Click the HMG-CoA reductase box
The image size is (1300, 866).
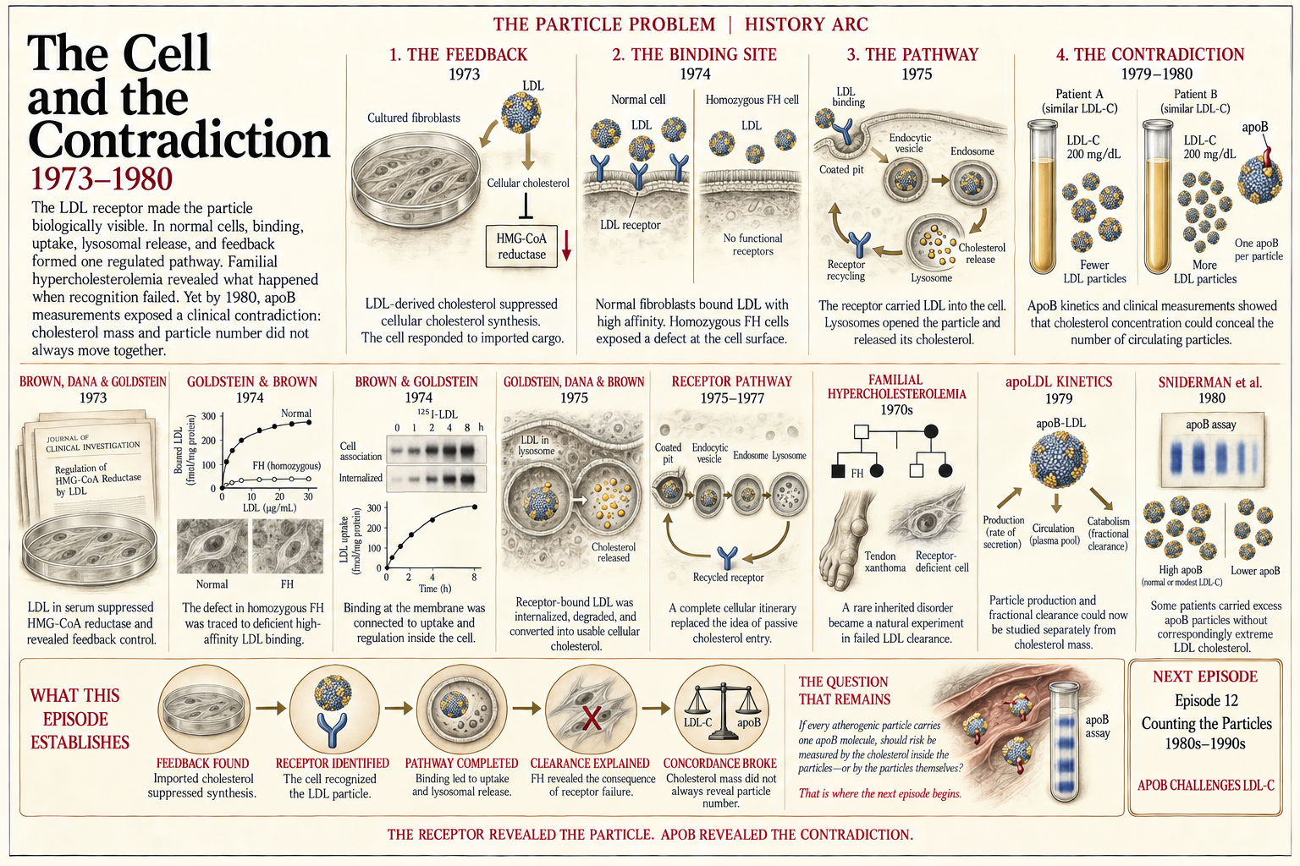[521, 246]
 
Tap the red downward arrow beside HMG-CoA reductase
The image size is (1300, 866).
[566, 246]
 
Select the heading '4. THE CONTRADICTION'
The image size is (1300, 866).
[1150, 54]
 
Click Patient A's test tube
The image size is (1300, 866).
[1043, 196]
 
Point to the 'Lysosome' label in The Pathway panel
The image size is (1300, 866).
[932, 278]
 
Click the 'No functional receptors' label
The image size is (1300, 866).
[752, 244]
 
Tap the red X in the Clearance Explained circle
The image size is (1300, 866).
[591, 718]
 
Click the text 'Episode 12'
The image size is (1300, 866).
[1206, 701]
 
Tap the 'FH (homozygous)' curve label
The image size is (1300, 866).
[287, 466]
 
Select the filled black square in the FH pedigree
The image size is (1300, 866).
[838, 471]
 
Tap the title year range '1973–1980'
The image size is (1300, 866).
[102, 179]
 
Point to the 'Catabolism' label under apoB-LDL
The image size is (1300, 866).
[1109, 522]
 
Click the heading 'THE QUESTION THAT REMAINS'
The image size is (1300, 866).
[844, 691]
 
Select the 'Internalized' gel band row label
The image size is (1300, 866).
[361, 478]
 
